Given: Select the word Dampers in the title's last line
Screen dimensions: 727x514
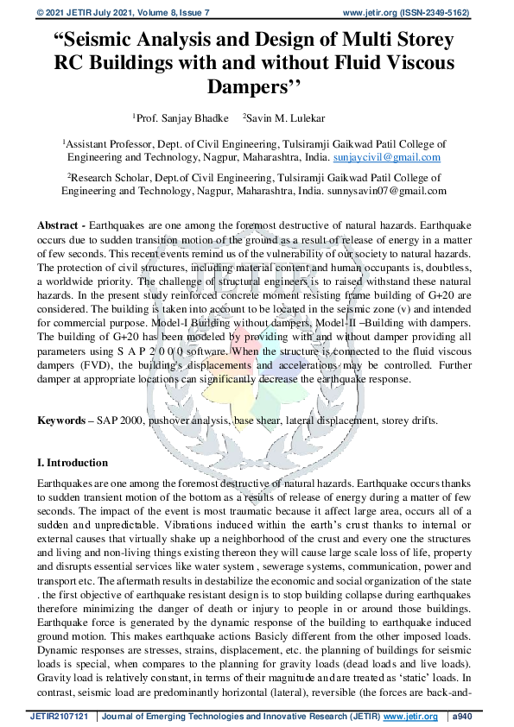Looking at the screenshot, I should click(251, 86).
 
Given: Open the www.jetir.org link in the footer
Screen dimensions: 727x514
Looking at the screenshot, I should click(403, 717).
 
